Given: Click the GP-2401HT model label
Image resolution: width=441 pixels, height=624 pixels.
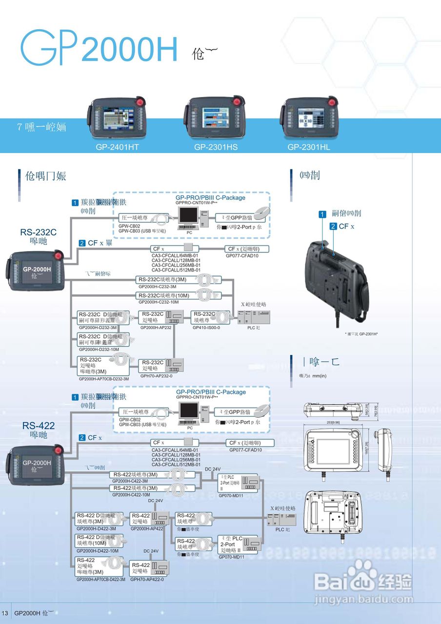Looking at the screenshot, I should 118,147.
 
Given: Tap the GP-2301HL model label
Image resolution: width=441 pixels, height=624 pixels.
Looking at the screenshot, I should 309,147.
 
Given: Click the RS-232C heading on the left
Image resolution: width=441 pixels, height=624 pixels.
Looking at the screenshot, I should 38,232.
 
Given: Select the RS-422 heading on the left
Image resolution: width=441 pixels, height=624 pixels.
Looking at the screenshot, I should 38,426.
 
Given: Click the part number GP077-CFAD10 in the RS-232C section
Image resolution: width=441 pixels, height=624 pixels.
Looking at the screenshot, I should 242,255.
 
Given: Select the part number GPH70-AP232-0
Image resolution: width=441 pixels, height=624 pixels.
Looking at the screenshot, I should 156,376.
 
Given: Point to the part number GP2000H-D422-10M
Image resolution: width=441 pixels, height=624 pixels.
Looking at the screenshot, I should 98,551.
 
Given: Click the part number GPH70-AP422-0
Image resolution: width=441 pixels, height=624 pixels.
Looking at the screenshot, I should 147,579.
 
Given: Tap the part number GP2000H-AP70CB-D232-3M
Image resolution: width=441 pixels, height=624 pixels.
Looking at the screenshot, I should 104,378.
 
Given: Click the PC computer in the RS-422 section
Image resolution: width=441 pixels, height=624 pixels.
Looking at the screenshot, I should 189,414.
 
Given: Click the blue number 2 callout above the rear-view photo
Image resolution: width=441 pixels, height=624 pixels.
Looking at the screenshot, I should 333,226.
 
